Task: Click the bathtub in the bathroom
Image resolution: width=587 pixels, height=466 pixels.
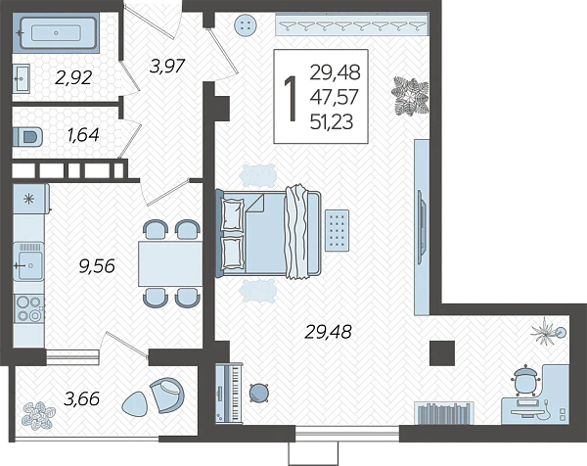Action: coord(56,33)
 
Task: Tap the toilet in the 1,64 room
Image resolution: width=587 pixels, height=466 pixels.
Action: coord(27,137)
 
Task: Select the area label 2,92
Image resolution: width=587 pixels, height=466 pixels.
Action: coord(73,78)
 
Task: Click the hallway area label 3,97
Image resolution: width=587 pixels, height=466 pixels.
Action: coord(167,67)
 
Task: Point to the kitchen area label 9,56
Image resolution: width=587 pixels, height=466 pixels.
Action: coord(97,266)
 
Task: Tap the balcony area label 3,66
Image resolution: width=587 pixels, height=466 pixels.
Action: coord(81,398)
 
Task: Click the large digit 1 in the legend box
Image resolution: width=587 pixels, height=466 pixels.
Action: coord(291,98)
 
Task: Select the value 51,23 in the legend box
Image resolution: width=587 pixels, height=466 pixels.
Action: coord(332,122)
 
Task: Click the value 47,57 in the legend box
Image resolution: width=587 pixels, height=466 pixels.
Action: coord(335,97)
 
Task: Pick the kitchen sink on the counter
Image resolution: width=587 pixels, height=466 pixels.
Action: coord(28,261)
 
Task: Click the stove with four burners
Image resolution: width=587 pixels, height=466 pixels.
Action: coord(28,308)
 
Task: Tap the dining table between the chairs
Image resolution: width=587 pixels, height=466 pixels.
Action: coord(170,263)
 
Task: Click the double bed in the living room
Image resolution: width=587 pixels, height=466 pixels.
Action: coord(269,234)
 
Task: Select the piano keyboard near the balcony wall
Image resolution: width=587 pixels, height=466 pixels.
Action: coord(229,394)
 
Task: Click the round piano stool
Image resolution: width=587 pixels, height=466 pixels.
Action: coord(258,393)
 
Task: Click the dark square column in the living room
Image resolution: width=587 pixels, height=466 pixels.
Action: coord(442,352)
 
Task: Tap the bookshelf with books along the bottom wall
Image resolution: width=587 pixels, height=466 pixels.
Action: coord(443,413)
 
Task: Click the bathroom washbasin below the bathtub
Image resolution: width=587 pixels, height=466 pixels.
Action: coord(22,78)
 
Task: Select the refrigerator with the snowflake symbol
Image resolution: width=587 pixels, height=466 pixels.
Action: coord(30,199)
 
